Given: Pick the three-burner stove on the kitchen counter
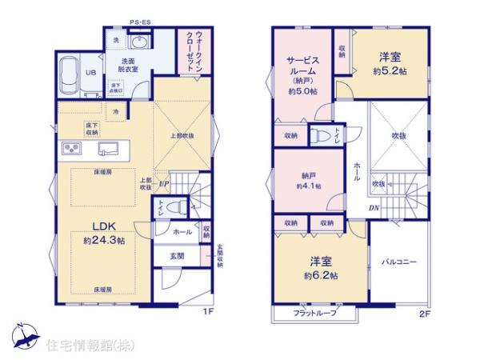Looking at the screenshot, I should pyautogui.click(x=70, y=150).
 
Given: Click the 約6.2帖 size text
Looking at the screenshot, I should pyautogui.click(x=321, y=274).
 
